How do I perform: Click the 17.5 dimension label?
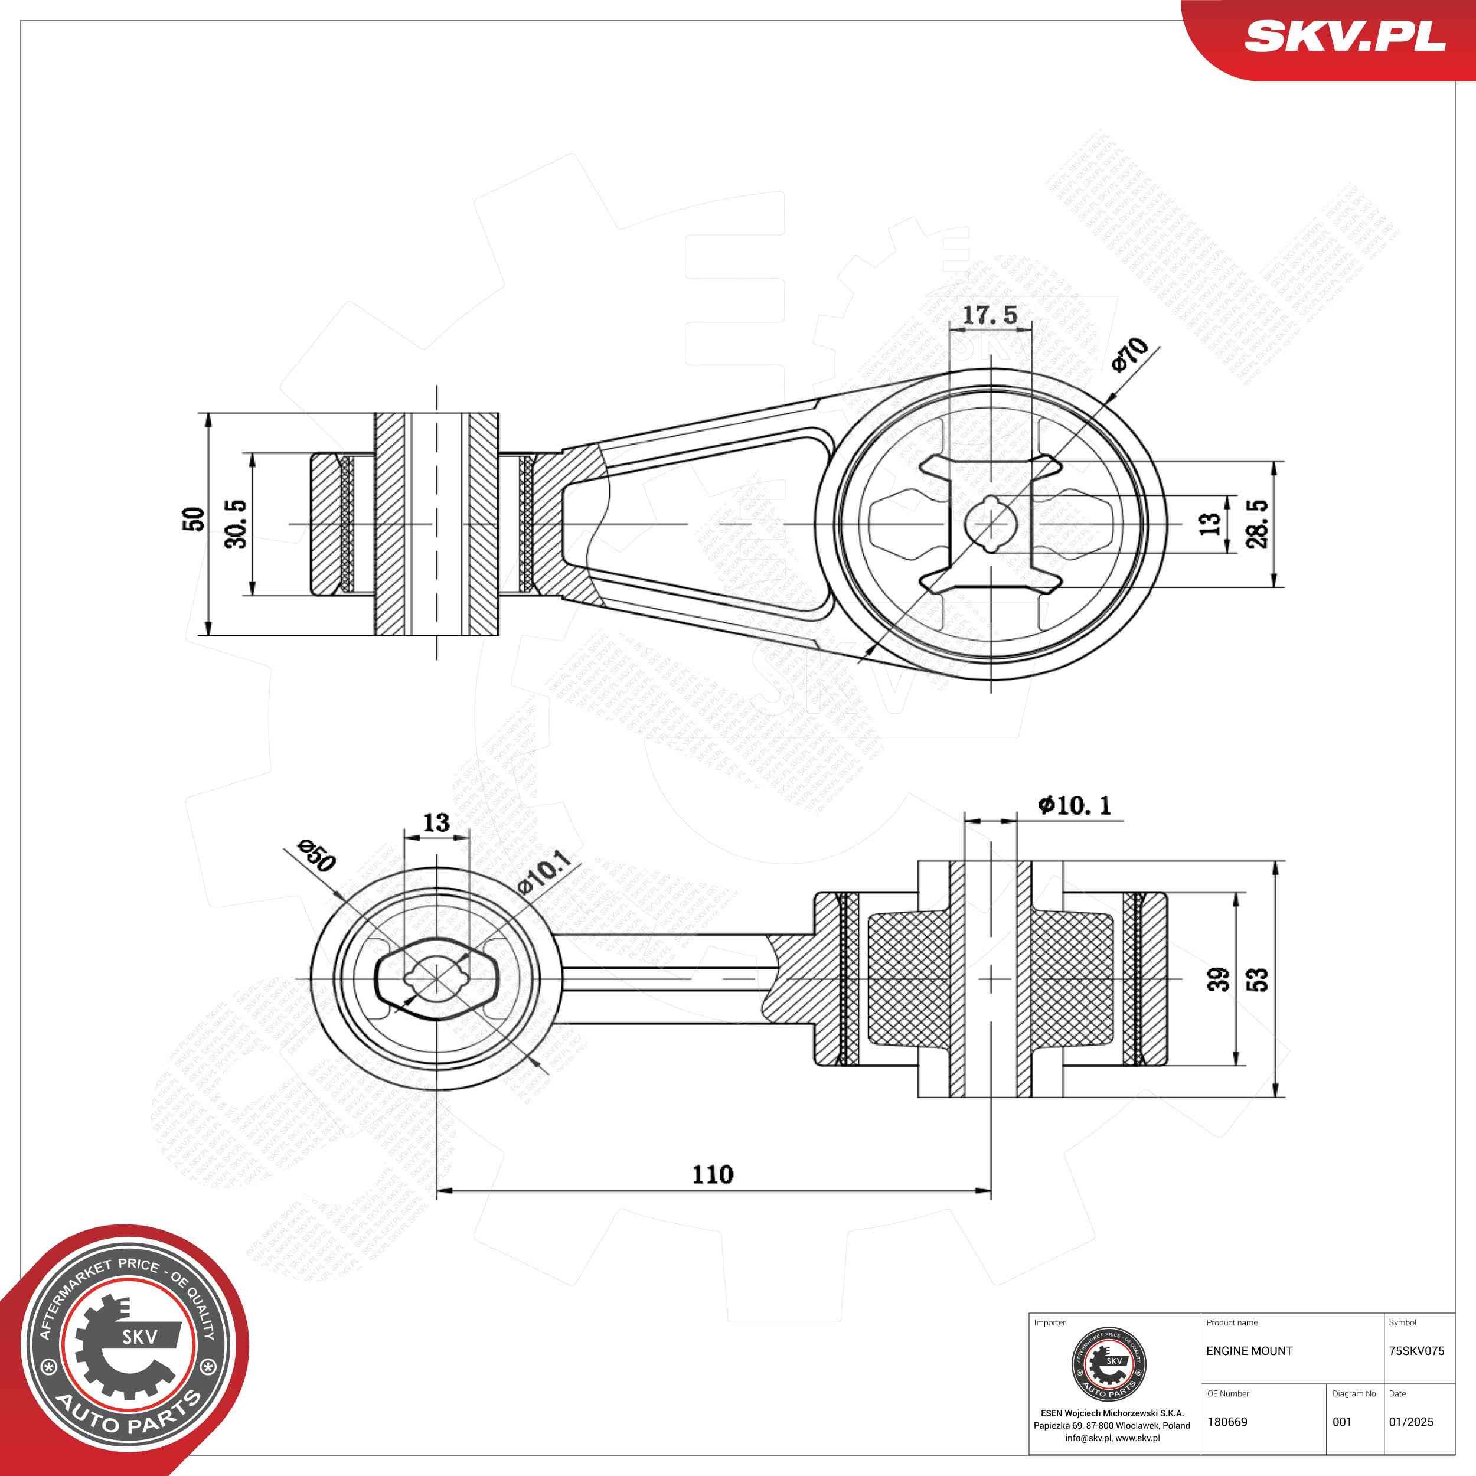point(990,314)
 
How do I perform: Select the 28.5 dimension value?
point(1256,524)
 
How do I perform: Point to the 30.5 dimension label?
point(237,524)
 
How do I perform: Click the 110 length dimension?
point(713,1174)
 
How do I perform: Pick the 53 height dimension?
point(1258,979)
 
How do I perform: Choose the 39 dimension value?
point(1219,979)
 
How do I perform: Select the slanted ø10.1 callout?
point(543,873)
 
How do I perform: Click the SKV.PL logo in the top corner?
point(1344,36)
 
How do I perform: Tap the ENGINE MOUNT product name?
point(1249,1351)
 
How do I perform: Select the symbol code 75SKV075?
point(1416,1351)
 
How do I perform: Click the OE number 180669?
point(1227,1422)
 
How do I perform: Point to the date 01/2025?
point(1411,1422)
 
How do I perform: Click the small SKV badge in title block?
point(1110,1363)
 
